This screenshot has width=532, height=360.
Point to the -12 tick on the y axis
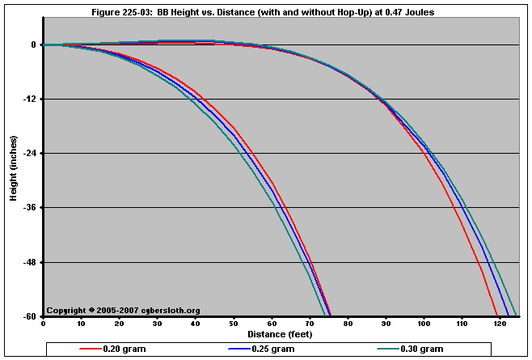29,100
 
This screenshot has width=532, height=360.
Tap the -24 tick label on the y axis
29,154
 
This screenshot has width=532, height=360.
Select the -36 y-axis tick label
29,208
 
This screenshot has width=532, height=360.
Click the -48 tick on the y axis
29,262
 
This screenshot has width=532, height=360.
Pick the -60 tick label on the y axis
29,316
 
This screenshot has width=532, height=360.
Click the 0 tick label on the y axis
33,45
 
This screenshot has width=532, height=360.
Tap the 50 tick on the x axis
234,324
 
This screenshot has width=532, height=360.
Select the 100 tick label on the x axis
424,324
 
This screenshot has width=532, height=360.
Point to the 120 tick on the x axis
500,324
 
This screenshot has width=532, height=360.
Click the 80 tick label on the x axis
348,324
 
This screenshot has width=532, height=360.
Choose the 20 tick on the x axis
119,324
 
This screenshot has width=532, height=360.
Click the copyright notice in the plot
123,310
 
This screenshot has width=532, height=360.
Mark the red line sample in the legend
90,349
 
